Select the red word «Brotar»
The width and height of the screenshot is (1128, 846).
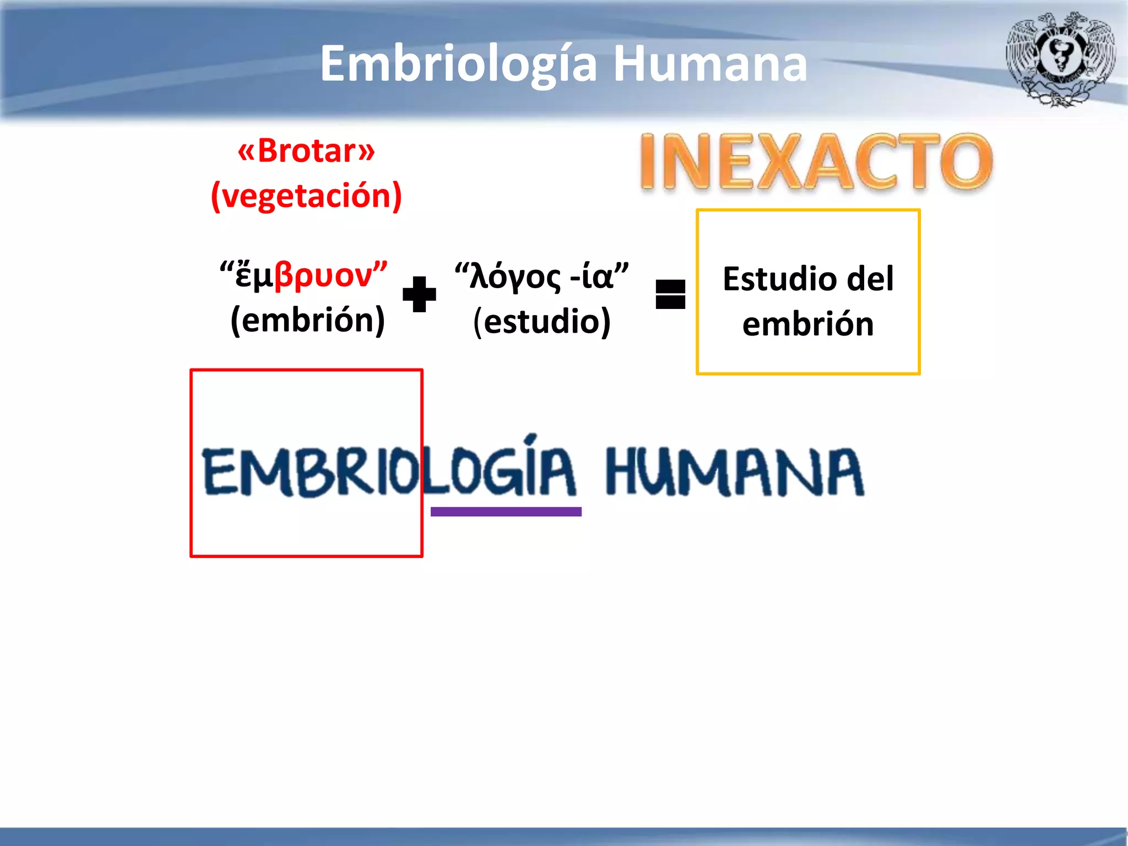[x=306, y=150]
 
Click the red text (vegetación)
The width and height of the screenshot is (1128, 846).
[x=306, y=196]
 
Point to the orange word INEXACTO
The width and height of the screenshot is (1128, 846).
[x=816, y=162]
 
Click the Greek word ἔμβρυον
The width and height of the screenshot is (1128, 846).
[x=303, y=275]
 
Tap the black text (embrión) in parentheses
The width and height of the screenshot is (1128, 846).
[x=307, y=320]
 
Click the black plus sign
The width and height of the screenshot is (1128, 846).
[x=419, y=294]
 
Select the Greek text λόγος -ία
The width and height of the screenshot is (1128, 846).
[x=541, y=275]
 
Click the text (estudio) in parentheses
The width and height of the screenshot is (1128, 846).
[x=542, y=322]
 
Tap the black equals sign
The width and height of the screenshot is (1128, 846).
[x=670, y=294]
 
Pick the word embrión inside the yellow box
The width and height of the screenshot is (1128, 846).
[x=808, y=324]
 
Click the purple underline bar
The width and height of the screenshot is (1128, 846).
[x=506, y=512]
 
